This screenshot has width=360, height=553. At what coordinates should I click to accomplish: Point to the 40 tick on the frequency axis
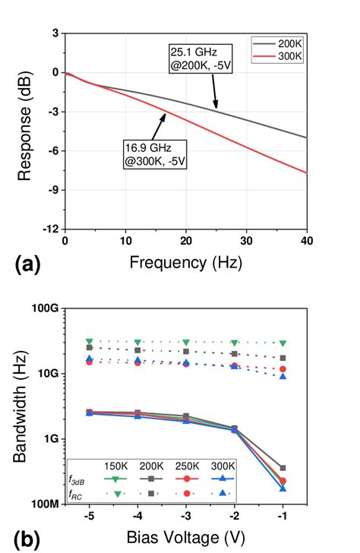[x=306, y=241]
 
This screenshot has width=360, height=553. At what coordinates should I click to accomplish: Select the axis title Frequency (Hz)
[x=186, y=263]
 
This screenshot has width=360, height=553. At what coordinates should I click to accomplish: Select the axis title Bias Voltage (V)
[x=186, y=538]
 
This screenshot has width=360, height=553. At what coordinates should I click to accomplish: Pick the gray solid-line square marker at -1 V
[x=283, y=468]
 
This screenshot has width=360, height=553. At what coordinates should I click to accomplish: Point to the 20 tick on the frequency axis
[x=186, y=241]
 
